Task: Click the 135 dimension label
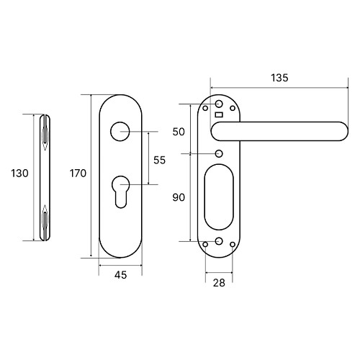[279, 78]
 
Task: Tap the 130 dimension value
[19, 173]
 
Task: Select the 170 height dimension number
[78, 173]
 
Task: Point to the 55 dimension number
[160, 160]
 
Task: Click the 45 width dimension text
[120, 275]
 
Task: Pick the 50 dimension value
[179, 132]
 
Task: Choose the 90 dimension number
[179, 197]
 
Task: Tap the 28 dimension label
[219, 283]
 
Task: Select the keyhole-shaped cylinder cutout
[120, 192]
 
